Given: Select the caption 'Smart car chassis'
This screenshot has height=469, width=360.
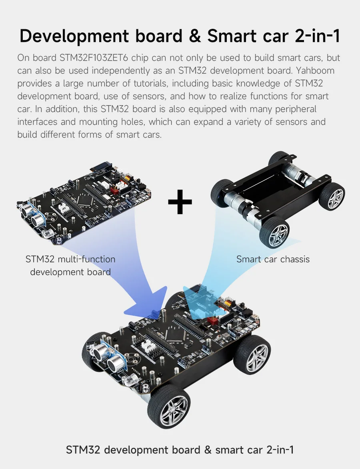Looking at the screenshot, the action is [273, 259].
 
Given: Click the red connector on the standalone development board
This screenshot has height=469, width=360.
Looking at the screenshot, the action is [115, 190].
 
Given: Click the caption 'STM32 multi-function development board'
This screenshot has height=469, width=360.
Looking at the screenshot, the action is [70, 266].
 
